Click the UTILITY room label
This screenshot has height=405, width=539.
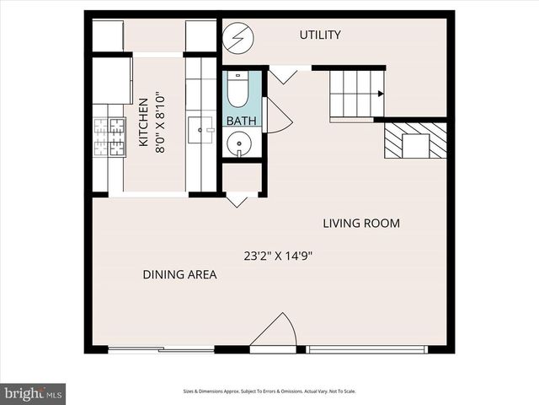(320, 35)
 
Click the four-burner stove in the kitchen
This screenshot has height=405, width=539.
(108, 138)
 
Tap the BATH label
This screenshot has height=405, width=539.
(241, 121)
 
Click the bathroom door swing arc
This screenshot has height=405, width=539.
(278, 116)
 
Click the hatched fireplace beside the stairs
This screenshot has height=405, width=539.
(415, 141)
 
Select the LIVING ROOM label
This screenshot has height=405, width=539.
(361, 224)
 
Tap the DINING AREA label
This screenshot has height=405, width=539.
(179, 274)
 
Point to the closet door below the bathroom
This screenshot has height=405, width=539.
(237, 200)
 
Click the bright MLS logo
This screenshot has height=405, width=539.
(33, 393)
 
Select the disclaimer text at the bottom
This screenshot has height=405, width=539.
(269, 391)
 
